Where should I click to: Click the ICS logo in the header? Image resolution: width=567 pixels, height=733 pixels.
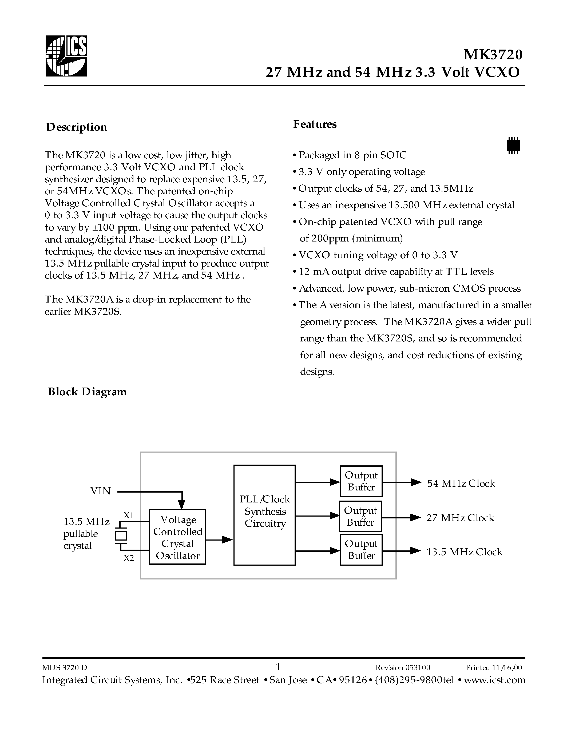coord(66,56)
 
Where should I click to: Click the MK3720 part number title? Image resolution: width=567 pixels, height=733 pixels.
coord(493,55)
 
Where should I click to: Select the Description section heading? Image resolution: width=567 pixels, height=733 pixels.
coord(77,127)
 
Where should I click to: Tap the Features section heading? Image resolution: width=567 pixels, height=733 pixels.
coord(315,124)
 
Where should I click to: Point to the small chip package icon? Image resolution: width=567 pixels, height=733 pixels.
coord(513,145)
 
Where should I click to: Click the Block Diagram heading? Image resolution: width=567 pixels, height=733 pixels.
coord(87,392)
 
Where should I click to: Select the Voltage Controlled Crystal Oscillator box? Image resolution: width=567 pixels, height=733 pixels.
coord(177,537)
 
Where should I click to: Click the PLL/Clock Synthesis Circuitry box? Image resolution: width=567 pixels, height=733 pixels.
coord(264,515)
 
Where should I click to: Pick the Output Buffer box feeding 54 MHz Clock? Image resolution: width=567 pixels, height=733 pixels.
coord(361,481)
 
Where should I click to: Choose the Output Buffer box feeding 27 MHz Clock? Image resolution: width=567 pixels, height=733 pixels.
coord(360,516)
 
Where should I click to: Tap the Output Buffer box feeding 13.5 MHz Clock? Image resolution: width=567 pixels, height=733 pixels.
coord(361,549)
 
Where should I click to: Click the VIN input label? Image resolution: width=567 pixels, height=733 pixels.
coord(100,491)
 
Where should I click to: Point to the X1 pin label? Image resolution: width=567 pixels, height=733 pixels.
coord(129,515)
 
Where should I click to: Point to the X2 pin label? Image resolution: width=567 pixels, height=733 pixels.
coord(129,558)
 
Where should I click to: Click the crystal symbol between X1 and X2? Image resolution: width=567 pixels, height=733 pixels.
coord(121,536)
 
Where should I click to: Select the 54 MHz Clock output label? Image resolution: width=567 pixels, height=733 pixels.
coord(461,483)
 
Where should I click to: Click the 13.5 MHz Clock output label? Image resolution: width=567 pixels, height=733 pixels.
coord(464,552)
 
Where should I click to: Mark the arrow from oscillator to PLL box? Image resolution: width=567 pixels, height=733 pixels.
coord(219,540)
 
